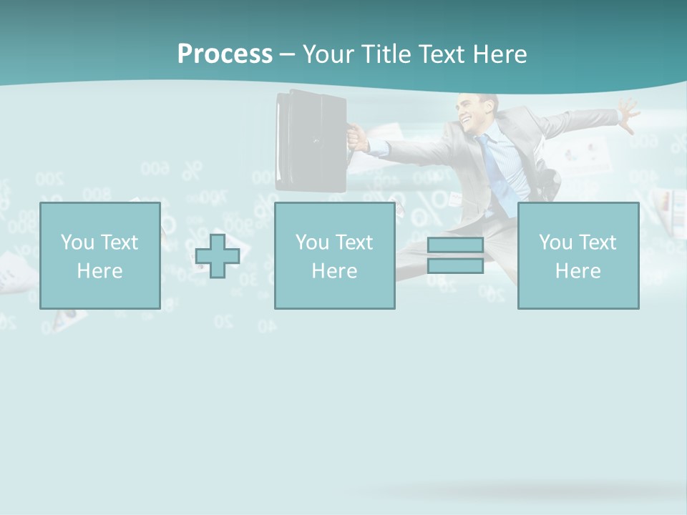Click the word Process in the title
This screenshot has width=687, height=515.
point(225,54)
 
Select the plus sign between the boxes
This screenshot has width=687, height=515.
point(218,256)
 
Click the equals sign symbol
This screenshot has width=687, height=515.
point(455,255)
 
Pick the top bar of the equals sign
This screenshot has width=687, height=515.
point(455,245)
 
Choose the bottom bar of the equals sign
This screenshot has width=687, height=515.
point(455,265)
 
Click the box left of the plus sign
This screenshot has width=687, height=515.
point(99,255)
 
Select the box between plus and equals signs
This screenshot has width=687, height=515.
point(334,255)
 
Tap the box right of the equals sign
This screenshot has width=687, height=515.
point(578,255)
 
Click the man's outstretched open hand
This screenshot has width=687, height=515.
point(628,114)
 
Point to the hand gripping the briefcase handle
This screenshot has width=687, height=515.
point(358,137)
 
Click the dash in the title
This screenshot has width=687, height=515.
point(288,54)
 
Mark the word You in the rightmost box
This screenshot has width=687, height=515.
point(555,242)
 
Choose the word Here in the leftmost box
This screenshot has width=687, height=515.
point(99,271)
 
